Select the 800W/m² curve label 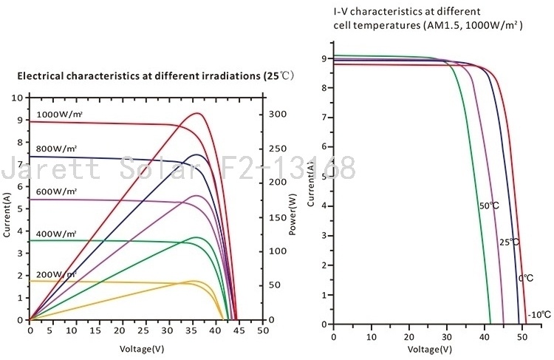(x=55, y=149)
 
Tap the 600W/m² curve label (x=55, y=191)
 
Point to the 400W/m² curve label (x=55, y=234)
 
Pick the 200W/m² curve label (x=55, y=274)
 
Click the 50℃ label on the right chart (x=489, y=205)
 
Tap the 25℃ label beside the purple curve (x=509, y=242)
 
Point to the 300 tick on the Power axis (x=276, y=115)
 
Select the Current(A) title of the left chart (x=7, y=215)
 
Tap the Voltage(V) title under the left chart (x=143, y=347)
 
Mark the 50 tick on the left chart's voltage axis (x=262, y=332)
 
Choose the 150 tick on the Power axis (x=276, y=217)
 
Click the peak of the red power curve (x=198, y=113)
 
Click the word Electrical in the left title (x=41, y=76)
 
